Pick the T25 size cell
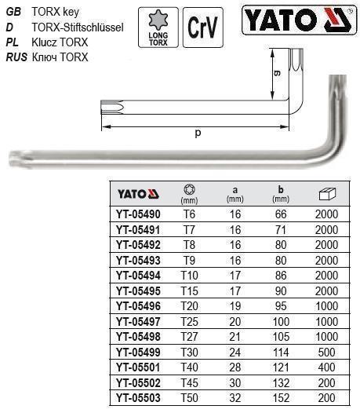click(187, 322)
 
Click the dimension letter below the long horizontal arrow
click(197, 133)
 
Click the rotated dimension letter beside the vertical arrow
click(277, 75)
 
